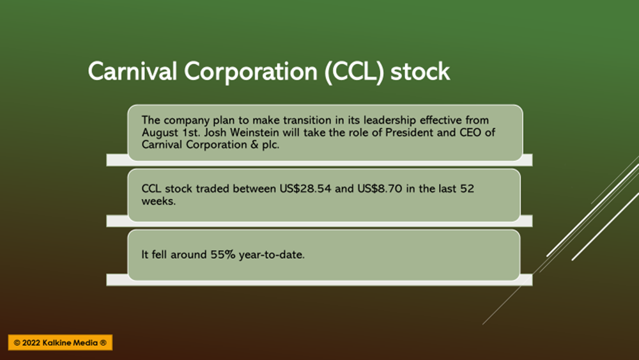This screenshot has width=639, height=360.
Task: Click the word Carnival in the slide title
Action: pyautogui.click(x=132, y=72)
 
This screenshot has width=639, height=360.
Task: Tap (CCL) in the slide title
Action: pyautogui.click(x=354, y=72)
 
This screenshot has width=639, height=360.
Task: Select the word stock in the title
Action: pyautogui.click(x=420, y=72)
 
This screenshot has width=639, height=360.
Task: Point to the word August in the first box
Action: pyautogui.click(x=160, y=133)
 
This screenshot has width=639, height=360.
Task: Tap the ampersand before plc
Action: pyautogui.click(x=255, y=145)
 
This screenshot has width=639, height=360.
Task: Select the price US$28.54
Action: pyautogui.click(x=305, y=189)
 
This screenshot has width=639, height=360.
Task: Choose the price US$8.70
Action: pyautogui.click(x=380, y=189)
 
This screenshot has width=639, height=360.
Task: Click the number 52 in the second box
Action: pyautogui.click(x=467, y=189)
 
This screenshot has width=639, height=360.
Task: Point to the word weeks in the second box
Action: pyautogui.click(x=158, y=201)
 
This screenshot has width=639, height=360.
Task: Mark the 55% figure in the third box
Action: pyautogui.click(x=223, y=254)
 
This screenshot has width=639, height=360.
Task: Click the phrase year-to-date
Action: pyautogui.click(x=272, y=255)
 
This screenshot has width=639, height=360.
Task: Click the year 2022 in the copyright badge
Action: pyautogui.click(x=31, y=343)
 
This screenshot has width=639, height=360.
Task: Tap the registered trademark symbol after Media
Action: pyautogui.click(x=103, y=343)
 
